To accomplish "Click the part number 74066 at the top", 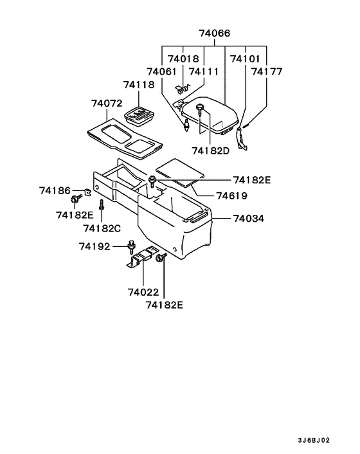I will tap(214, 33).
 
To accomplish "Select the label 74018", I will tap(184, 58).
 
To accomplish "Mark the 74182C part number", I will tap(102, 228).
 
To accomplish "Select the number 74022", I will tap(142, 291).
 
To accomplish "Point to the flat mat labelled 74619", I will tap(181, 170).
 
